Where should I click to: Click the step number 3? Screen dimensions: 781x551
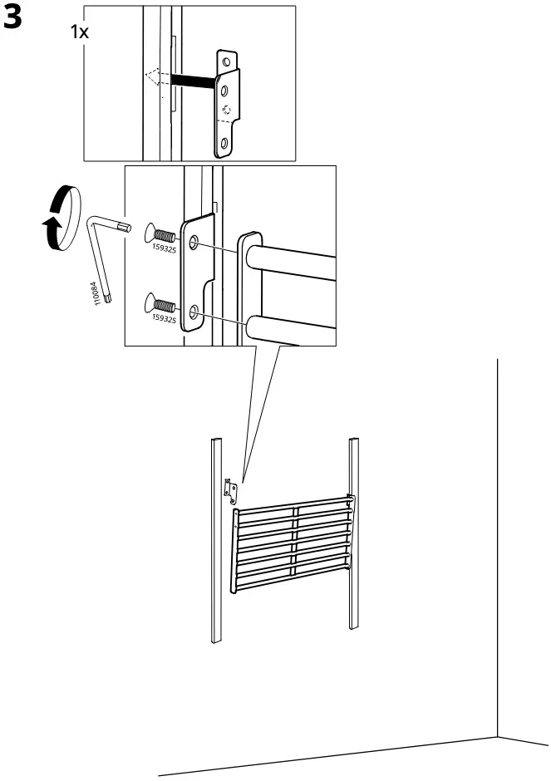pos(13,20)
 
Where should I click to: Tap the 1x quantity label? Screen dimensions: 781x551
pos(81,33)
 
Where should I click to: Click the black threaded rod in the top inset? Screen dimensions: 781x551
pos(194,81)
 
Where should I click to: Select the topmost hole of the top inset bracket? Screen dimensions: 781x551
pos(227,61)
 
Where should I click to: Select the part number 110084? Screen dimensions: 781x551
pos(97,293)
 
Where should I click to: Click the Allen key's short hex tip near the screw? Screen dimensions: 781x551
pos(125,226)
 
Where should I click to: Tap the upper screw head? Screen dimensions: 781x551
pos(150,232)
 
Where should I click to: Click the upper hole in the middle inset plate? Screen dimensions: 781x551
pos(194,243)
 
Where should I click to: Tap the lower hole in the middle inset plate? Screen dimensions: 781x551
pos(194,312)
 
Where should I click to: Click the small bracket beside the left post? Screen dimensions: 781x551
pos(230,490)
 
